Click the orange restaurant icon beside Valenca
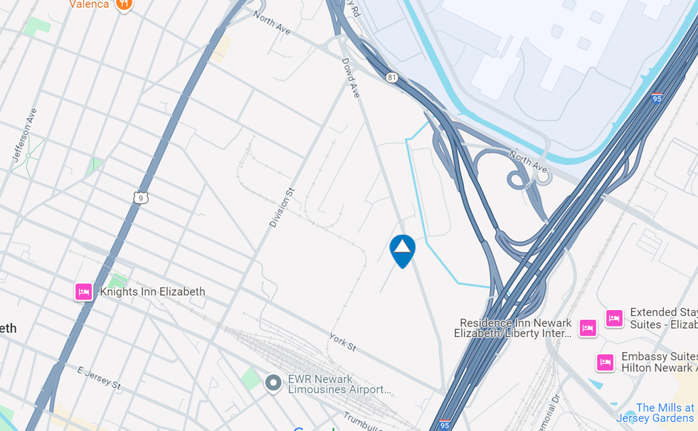pyautogui.click(x=125, y=4)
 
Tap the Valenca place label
pyautogui.click(x=90, y=4)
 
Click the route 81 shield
pyautogui.click(x=392, y=78)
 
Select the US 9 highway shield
pyautogui.click(x=141, y=198)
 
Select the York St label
pyautogui.click(x=342, y=341)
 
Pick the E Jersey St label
pyautogui.click(x=99, y=378)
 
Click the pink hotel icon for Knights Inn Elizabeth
pyautogui.click(x=84, y=292)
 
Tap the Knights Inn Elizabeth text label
pyautogui.click(x=152, y=292)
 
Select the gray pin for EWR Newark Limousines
pyautogui.click(x=273, y=383)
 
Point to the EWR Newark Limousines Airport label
pyautogui.click(x=339, y=384)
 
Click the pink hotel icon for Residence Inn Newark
pyautogui.click(x=588, y=327)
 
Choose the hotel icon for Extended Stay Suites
pyautogui.click(x=614, y=318)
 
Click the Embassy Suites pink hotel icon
pyautogui.click(x=605, y=362)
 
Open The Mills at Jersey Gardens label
pyautogui.click(x=657, y=413)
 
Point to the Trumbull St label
pyautogui.click(x=364, y=422)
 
